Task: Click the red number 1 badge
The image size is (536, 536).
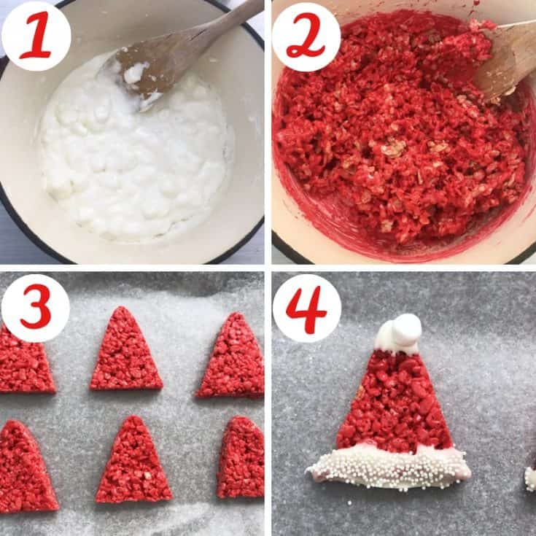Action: tap(36, 36)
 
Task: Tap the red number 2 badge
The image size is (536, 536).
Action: tap(306, 36)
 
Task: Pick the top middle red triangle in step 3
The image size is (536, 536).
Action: tap(125, 354)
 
